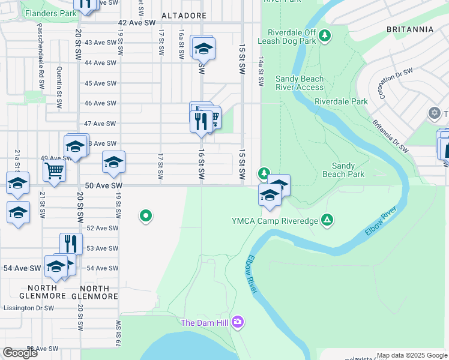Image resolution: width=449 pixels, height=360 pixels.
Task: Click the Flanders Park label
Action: point(50,13)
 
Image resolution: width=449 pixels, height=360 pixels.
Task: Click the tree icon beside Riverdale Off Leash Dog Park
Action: point(325,36)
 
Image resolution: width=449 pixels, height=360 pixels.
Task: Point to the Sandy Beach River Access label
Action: point(300,83)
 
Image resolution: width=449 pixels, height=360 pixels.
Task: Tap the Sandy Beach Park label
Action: point(348,170)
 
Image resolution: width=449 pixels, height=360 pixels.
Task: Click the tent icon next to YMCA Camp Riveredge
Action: point(327,220)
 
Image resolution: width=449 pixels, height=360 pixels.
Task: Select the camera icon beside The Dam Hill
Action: point(238,323)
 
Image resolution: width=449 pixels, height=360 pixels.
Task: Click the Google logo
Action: point(20,353)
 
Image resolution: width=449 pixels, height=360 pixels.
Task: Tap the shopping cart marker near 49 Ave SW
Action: point(54,171)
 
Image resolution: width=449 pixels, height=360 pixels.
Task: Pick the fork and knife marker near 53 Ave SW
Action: point(71,244)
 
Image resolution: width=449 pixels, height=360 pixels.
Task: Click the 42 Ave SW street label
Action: point(133,23)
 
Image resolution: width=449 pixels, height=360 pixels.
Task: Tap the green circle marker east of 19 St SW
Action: point(145,216)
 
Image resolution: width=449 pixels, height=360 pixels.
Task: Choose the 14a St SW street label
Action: point(261,73)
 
